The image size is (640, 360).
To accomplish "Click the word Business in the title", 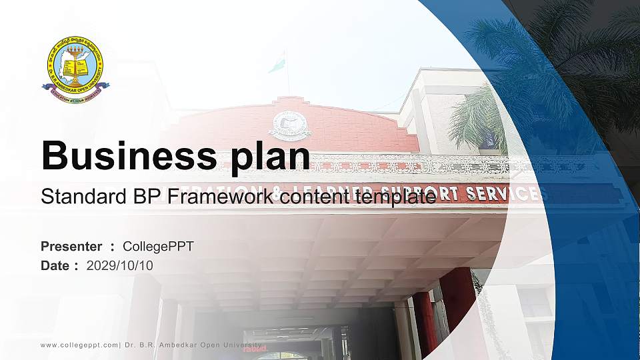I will [125, 156].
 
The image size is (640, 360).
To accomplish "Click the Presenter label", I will [71, 247].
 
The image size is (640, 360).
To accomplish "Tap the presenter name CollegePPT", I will [158, 247].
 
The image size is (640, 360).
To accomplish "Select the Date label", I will [55, 265].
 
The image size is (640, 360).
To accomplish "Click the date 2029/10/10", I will [120, 265].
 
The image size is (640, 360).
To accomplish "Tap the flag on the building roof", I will [276, 65].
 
